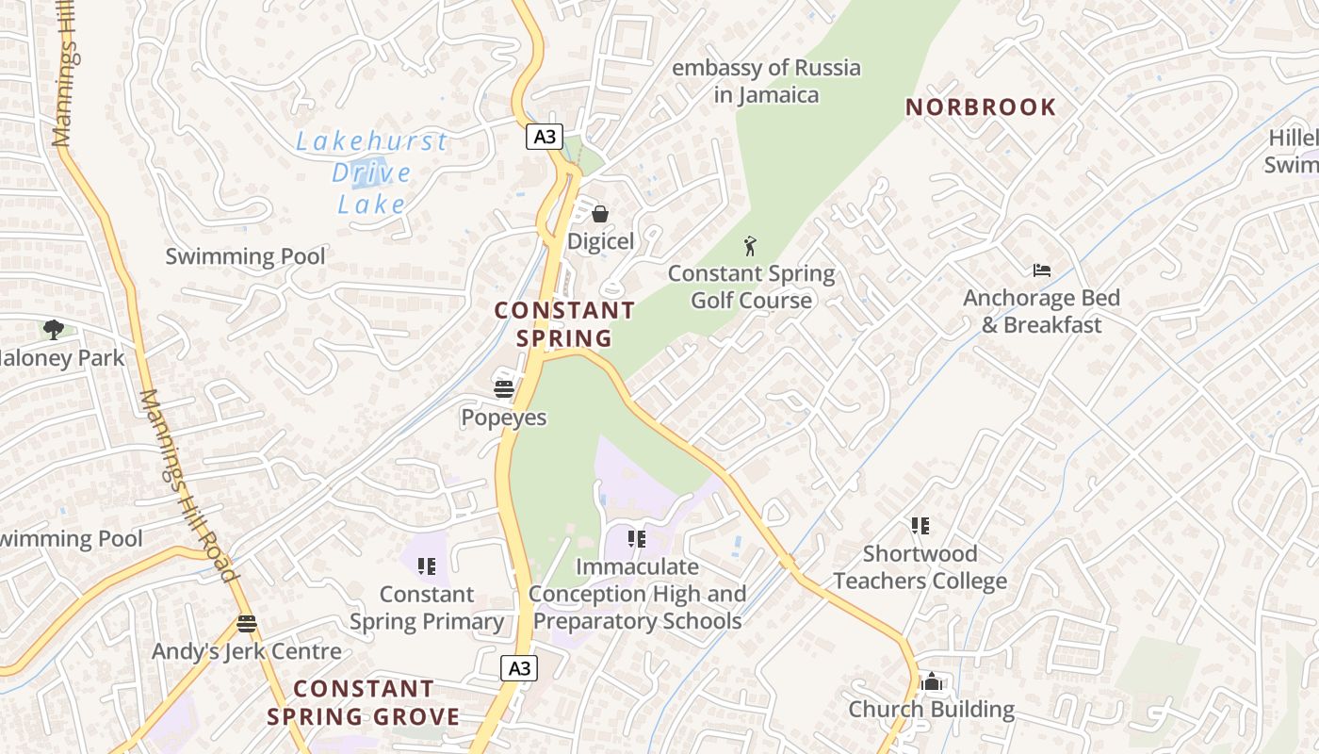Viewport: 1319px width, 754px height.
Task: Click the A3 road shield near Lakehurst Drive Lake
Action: pos(545,137)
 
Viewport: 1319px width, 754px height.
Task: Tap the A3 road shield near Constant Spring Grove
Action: pos(519,668)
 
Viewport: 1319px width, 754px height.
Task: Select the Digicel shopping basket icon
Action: pos(599,214)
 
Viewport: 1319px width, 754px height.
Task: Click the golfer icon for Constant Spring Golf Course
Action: pos(750,247)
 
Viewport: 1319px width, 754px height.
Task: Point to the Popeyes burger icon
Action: pos(504,389)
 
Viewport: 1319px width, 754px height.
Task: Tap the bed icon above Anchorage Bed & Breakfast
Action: pos(1041,270)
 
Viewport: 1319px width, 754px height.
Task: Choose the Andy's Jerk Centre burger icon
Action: pos(247,623)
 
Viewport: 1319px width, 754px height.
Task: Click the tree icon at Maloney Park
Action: pos(54,330)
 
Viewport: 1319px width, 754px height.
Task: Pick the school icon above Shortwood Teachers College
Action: pos(920,526)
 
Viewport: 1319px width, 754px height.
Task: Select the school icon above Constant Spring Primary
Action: pos(427,566)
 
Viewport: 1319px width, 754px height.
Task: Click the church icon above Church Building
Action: pos(931,681)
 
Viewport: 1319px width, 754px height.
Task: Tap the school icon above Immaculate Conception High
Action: pos(637,539)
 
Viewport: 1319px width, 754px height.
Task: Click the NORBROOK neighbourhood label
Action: pos(981,107)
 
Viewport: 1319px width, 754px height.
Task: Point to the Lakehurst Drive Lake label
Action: pos(371,172)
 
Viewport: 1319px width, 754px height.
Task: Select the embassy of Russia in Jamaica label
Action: pos(766,81)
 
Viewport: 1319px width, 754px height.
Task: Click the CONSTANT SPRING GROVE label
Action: pos(364,702)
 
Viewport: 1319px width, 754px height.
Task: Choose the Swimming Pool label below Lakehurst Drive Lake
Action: pos(245,256)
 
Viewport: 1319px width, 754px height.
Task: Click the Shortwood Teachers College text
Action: pos(920,567)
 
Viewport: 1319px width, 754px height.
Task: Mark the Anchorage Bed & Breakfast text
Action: pos(1041,312)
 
